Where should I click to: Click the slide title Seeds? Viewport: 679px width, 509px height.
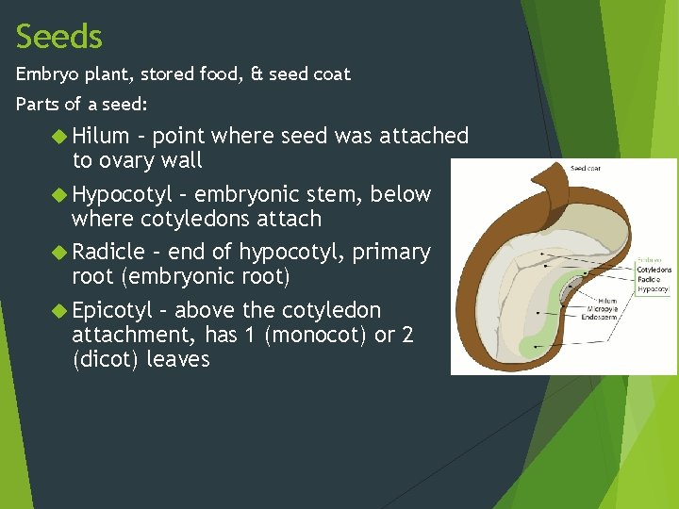59,37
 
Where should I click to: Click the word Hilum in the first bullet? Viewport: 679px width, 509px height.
104,136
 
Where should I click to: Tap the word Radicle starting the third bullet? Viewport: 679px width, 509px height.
108,252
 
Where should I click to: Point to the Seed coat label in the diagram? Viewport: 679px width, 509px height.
586,169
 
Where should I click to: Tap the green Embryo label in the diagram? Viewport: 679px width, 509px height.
651,258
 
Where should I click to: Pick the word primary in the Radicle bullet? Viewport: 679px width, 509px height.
392,252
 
